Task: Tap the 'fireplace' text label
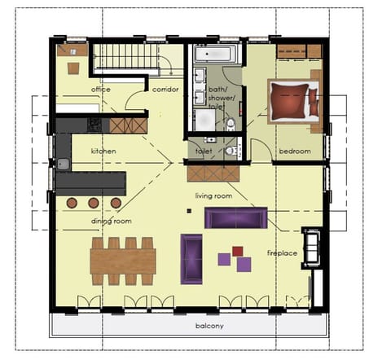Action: [282, 252]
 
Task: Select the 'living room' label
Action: [214, 196]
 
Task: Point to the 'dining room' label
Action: [111, 221]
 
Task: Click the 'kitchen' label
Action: [103, 151]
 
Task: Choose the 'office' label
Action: [101, 89]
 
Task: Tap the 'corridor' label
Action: [165, 89]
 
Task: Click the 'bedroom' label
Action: [294, 151]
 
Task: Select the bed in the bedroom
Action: [293, 102]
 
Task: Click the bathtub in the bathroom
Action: [216, 55]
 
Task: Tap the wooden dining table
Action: [123, 261]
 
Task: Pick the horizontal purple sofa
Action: [235, 217]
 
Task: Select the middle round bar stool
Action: [94, 202]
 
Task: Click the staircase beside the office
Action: [125, 60]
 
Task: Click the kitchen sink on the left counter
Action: [63, 164]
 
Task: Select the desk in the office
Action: [72, 68]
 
